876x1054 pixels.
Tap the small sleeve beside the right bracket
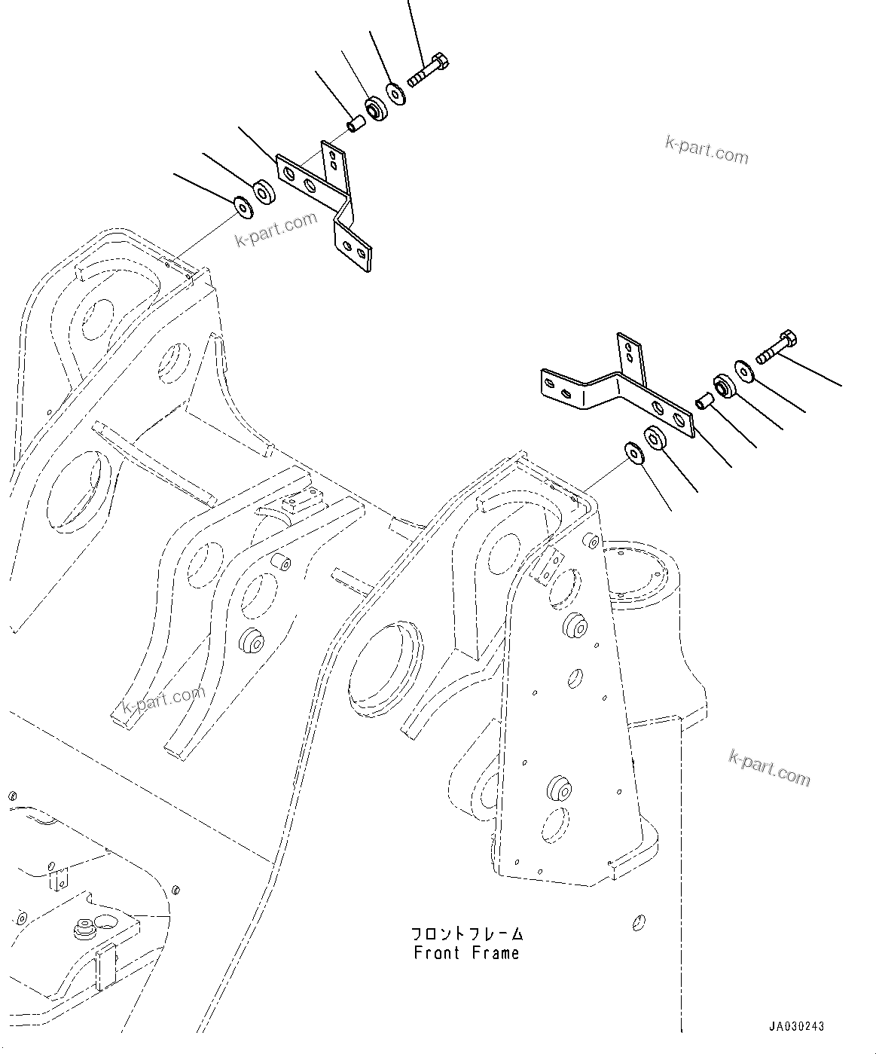[x=705, y=400]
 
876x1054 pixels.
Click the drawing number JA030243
[x=797, y=1026]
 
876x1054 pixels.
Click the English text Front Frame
[x=466, y=953]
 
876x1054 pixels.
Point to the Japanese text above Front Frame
[x=466, y=934]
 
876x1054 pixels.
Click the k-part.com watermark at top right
[x=706, y=150]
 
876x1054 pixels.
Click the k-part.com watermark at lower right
[x=769, y=768]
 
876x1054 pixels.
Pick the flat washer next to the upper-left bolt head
[x=396, y=93]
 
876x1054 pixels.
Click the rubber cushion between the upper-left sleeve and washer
[x=375, y=108]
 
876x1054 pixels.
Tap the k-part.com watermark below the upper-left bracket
[x=276, y=230]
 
